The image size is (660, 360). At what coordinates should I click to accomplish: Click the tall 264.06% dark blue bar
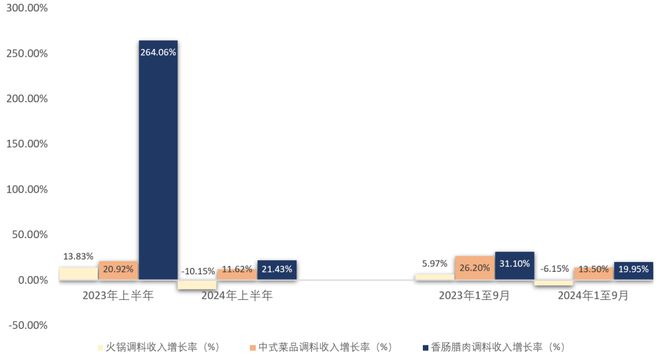pos(157,160)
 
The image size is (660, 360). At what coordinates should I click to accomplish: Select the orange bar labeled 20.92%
pos(118,270)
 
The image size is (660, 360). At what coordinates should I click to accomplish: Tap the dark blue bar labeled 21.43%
pos(276,270)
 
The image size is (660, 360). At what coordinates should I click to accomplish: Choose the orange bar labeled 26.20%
pos(474,268)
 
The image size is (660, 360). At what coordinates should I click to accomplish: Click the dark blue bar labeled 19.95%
pos(633,270)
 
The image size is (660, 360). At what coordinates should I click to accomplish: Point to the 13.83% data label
pos(78,257)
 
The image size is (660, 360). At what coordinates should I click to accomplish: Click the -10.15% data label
pos(198,270)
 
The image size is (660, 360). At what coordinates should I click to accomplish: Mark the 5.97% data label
pos(433,264)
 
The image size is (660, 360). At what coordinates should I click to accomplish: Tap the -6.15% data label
pos(553,269)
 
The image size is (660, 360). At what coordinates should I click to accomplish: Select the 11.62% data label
pos(236,270)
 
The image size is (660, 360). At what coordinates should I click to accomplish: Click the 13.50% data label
pos(593,269)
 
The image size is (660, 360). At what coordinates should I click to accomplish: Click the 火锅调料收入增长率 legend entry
pos(160,347)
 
